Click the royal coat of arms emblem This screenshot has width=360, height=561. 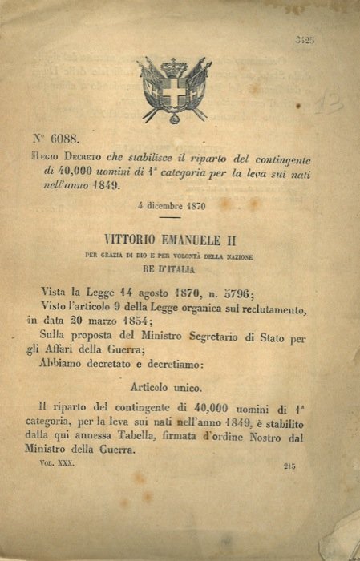click(174, 90)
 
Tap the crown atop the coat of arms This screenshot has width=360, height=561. click(174, 67)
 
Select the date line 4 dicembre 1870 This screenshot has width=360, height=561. click(172, 205)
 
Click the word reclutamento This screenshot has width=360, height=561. click(265, 308)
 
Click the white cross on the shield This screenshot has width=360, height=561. click(174, 95)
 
